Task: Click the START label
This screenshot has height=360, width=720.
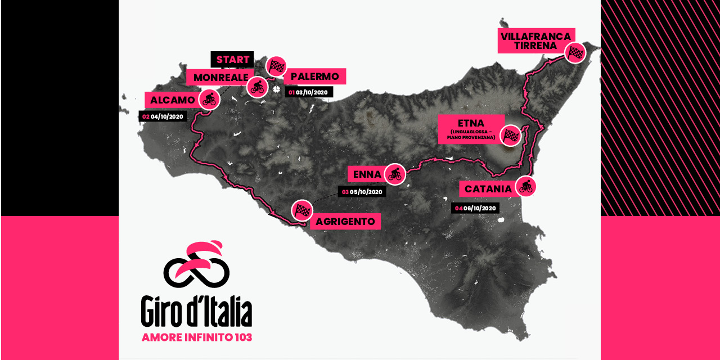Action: (x=232, y=60)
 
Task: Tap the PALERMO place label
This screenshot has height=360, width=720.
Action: (x=315, y=76)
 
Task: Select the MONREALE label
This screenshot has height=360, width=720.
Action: (x=220, y=77)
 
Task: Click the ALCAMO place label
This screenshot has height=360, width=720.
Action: (x=173, y=100)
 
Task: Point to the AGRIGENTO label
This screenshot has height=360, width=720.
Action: (x=345, y=222)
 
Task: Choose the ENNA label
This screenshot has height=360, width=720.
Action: (x=368, y=174)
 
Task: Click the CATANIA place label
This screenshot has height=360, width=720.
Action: (x=488, y=189)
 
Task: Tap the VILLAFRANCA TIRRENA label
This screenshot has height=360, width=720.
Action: (x=535, y=40)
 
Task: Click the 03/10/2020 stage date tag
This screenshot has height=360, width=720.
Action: (x=309, y=92)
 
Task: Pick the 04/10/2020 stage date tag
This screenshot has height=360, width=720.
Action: (x=163, y=116)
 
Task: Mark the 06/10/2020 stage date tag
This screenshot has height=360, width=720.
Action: (x=475, y=208)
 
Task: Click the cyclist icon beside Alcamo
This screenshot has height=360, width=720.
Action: (x=209, y=100)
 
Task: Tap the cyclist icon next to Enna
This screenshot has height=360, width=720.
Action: (x=394, y=174)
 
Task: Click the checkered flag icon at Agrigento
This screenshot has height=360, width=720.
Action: (x=302, y=210)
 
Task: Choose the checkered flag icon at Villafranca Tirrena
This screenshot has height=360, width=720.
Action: (x=575, y=53)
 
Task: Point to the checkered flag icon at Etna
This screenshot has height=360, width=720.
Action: (x=511, y=135)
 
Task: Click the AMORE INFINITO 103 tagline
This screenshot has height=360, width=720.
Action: (x=197, y=337)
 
